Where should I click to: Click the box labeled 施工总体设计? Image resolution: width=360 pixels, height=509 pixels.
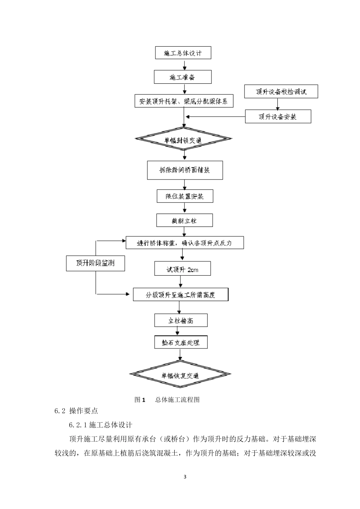point(183,53)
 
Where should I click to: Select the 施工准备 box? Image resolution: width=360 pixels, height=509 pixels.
point(183,77)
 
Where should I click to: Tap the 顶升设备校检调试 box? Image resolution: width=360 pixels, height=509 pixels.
point(281,92)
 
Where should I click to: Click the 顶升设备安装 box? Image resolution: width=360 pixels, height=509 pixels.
point(278,117)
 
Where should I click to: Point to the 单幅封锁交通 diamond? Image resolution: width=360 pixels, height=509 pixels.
point(184,140)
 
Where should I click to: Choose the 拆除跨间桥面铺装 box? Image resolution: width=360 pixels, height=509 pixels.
point(185,170)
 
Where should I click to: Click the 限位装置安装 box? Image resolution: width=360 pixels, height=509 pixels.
point(185,196)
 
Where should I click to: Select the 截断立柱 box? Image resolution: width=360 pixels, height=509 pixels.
point(185,220)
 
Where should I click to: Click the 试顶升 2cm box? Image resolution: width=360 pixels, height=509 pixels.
point(183,269)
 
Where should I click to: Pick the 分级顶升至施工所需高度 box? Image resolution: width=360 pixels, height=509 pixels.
point(181,295)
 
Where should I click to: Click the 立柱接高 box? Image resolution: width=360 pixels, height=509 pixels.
point(181,321)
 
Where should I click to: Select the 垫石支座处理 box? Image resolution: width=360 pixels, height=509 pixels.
point(181,343)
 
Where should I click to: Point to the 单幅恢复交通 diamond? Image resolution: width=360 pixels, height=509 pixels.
point(180,375)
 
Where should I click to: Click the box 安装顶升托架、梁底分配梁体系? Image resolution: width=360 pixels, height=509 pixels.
point(184,101)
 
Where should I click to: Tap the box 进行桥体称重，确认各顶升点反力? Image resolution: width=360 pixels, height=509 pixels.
point(185,243)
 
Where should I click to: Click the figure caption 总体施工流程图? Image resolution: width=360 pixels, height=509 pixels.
point(177,400)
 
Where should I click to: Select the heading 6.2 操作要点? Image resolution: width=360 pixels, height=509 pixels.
point(76,411)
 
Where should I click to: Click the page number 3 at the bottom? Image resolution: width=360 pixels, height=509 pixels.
point(185,477)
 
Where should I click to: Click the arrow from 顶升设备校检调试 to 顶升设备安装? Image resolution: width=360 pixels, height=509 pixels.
point(278,104)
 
